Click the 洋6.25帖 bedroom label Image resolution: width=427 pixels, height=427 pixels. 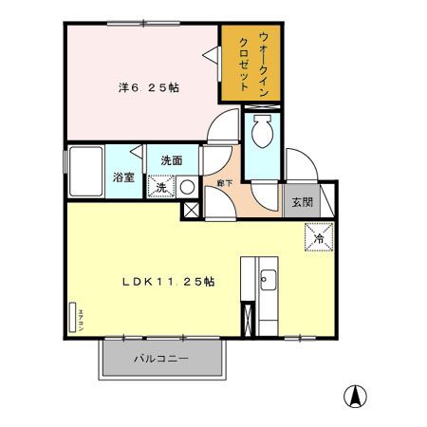point(150,86)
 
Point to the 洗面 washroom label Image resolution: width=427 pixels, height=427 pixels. point(171,159)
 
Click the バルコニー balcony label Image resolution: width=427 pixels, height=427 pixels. point(160,360)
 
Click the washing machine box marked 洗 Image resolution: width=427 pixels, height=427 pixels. point(161,186)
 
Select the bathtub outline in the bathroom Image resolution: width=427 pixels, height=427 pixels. point(85,172)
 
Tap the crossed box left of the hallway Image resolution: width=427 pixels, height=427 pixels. point(191,210)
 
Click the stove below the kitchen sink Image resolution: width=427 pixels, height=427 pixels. point(249,319)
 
